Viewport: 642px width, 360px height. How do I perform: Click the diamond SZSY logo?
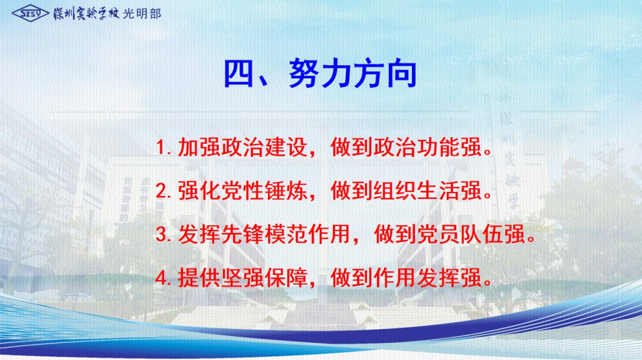(x=31, y=14)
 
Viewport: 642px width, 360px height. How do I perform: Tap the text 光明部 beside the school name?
(x=141, y=14)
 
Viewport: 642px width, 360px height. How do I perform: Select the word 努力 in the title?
(x=320, y=74)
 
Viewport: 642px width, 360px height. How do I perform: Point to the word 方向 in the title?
(x=385, y=74)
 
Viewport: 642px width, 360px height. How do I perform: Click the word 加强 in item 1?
(x=199, y=147)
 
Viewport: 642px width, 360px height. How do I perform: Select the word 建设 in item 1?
(x=286, y=147)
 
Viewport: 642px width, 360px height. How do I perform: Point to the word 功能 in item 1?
(x=439, y=147)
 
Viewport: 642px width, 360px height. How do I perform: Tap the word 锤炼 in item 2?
(x=286, y=191)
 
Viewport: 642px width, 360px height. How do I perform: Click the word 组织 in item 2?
(x=395, y=191)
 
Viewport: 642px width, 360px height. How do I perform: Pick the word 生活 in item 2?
(x=439, y=191)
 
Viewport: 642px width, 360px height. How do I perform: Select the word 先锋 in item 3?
(x=243, y=235)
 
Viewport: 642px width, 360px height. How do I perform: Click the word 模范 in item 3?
(x=286, y=235)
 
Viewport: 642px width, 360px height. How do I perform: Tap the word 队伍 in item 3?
(x=482, y=235)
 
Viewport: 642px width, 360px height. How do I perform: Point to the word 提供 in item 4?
(x=199, y=278)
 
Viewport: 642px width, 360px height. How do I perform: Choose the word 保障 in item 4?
(x=286, y=278)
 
